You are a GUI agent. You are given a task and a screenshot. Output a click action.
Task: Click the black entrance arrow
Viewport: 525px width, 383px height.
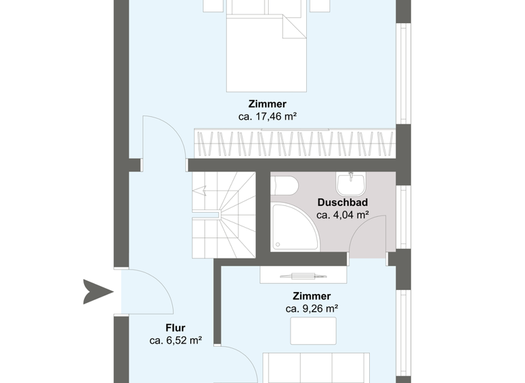96,291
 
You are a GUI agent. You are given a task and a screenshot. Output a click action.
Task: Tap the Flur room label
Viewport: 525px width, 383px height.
175,328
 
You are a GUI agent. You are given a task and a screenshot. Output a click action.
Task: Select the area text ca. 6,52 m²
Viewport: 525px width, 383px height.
175,340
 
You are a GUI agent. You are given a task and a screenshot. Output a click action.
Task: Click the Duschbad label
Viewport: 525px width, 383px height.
342,202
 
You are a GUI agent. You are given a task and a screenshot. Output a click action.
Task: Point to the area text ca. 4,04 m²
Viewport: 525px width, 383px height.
342,215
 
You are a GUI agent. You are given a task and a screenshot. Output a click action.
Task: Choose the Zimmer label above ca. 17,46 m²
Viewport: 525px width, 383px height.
267,104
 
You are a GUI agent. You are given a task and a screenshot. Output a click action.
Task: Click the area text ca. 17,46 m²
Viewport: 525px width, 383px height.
267,116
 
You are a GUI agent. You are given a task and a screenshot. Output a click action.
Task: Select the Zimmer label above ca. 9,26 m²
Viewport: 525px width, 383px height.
312,296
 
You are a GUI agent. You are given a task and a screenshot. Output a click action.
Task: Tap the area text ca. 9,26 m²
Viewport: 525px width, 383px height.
312,308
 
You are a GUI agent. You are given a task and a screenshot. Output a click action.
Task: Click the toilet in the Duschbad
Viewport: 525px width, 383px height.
283,185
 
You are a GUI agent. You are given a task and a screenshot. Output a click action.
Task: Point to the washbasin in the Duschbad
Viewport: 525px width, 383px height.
350,183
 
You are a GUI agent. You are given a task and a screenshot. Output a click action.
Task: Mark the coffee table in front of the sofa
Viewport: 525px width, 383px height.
313,331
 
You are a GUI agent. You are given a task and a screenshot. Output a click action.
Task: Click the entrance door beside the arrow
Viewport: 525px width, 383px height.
145,291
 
